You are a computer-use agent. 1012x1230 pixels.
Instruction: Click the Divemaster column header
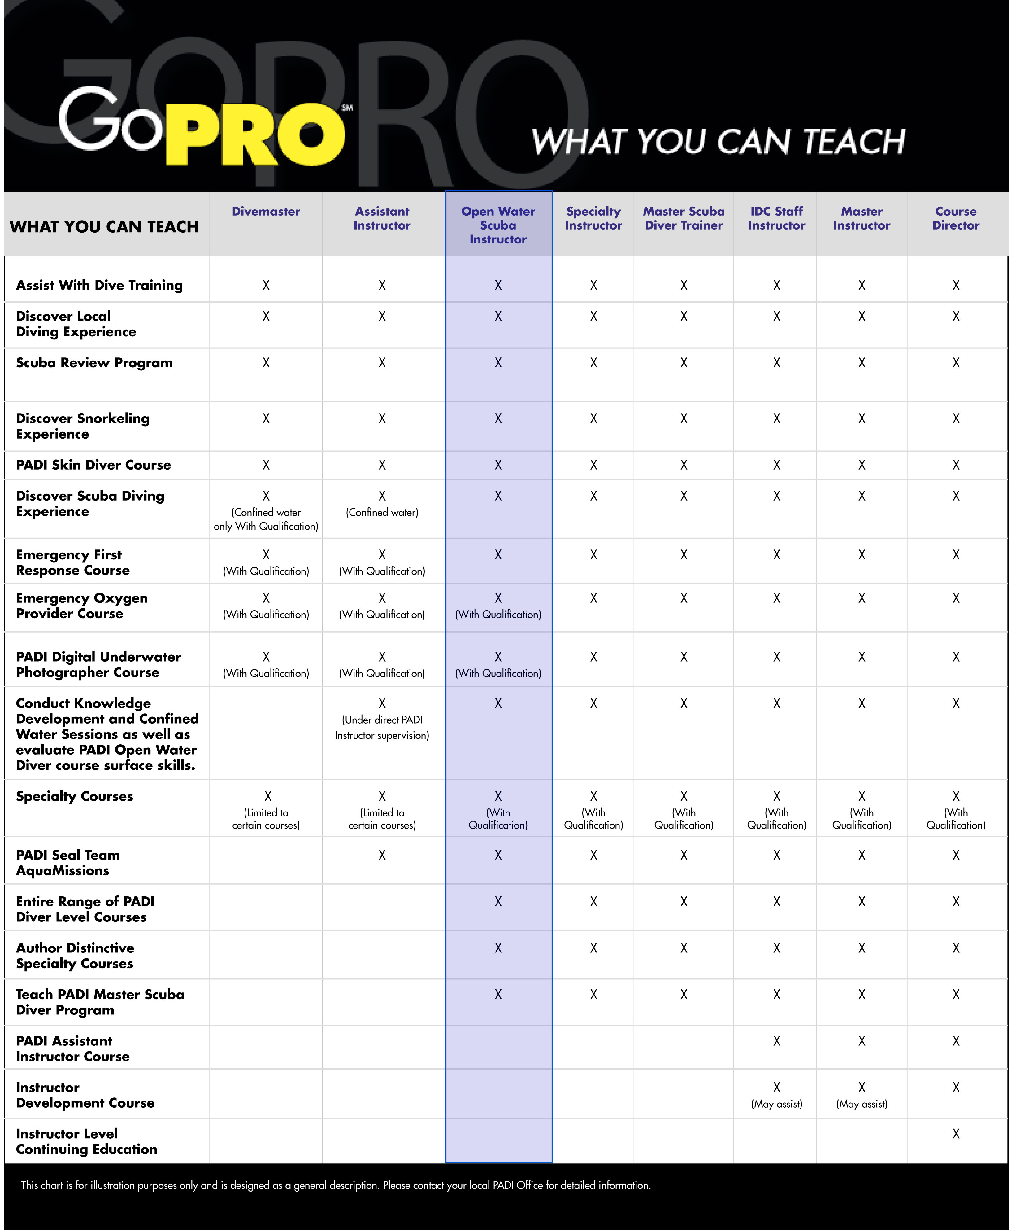pos(266,212)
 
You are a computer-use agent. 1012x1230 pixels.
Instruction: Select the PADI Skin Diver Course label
pos(93,465)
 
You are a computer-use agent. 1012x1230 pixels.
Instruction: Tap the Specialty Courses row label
pos(75,796)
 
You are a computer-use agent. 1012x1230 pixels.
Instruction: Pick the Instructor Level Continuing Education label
pos(86,1141)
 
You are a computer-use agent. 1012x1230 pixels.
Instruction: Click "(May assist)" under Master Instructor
pos(862,1104)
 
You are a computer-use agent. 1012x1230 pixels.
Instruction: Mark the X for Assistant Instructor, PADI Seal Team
pos(382,855)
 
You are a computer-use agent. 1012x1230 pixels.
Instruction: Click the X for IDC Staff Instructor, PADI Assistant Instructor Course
pos(776,1041)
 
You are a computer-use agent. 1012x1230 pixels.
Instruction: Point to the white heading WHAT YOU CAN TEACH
pos(718,142)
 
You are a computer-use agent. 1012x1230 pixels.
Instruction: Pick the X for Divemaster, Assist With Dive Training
pos(266,285)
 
